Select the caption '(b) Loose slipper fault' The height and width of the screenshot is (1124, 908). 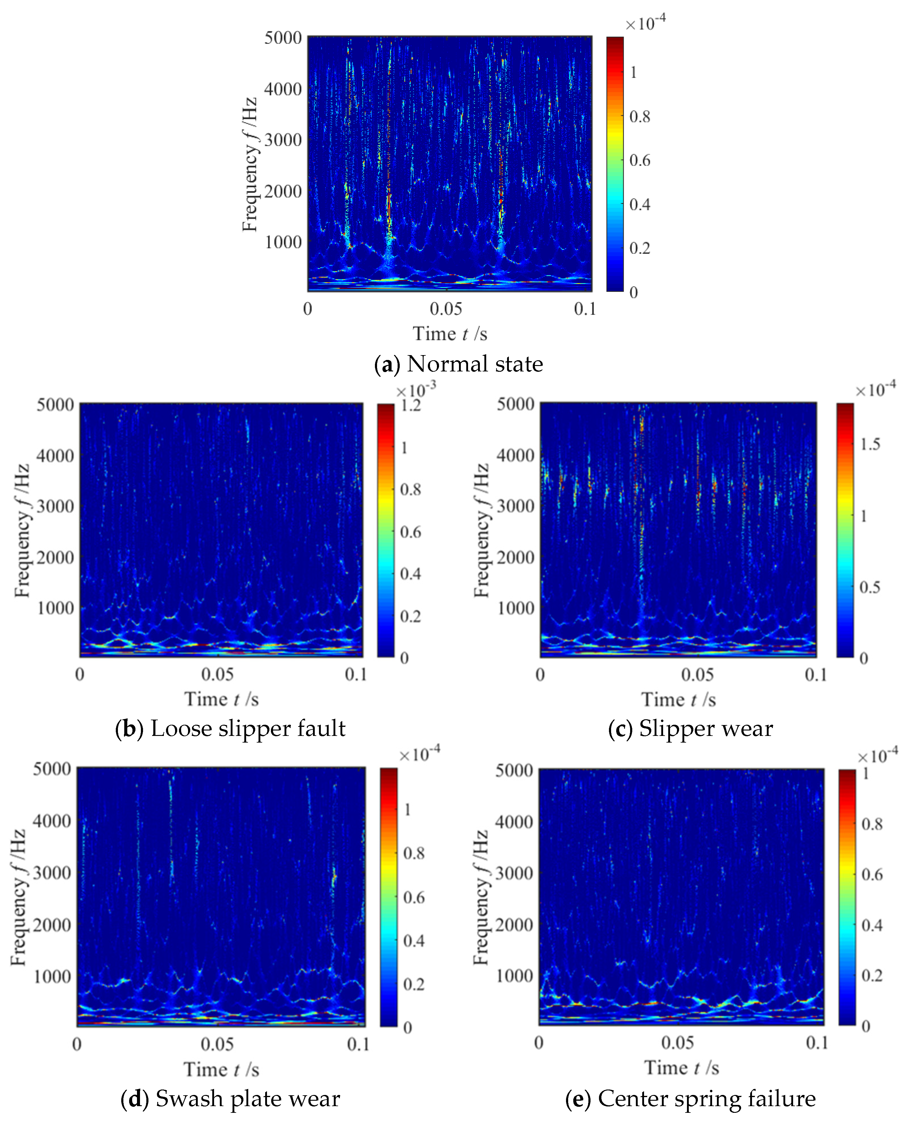click(230, 728)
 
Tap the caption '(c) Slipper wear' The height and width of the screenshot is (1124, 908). click(690, 728)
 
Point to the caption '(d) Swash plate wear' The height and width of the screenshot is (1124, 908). click(230, 1098)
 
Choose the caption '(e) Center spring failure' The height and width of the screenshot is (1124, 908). click(690, 1098)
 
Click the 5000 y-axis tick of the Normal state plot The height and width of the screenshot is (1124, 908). click(283, 38)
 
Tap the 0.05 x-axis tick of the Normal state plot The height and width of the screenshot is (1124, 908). click(446, 309)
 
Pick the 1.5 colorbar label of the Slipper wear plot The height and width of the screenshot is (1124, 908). click(870, 444)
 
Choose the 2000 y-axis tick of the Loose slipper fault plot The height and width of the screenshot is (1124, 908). click(55, 557)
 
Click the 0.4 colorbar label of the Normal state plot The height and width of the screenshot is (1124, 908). click(640, 204)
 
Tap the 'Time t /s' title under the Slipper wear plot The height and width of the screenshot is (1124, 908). click(679, 700)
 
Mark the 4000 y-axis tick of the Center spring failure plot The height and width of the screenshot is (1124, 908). click(514, 822)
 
